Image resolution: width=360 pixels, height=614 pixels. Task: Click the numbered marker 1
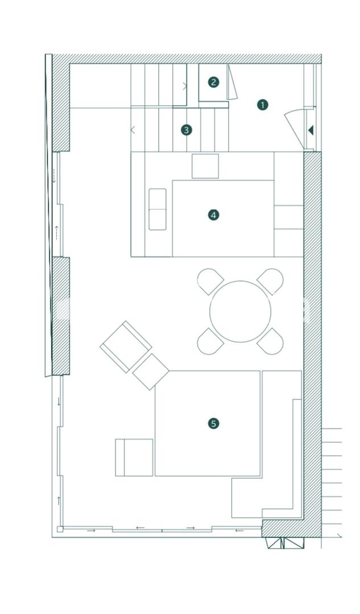[262, 105]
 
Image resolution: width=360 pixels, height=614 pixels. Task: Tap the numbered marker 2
[213, 82]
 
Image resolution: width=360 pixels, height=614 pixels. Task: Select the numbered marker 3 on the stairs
[187, 130]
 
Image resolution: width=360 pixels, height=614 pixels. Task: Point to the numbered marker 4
[213, 215]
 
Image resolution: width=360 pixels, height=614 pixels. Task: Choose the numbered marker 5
[213, 424]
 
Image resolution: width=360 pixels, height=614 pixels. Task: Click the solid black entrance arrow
[311, 130]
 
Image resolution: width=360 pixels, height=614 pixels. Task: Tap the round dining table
[240, 312]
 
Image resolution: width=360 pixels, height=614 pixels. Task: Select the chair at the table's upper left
[210, 281]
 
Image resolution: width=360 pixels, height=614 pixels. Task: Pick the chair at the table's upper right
[270, 281]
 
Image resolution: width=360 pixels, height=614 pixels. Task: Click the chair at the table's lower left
[210, 342]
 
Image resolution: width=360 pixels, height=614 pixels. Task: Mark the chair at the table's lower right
[270, 342]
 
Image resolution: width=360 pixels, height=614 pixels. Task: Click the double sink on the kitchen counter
[158, 209]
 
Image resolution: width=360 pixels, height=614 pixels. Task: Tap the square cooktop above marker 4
[205, 166]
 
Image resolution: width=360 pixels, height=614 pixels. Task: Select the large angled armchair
[126, 347]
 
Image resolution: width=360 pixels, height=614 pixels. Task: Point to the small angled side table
[151, 372]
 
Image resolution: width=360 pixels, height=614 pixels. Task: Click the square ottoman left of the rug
[134, 457]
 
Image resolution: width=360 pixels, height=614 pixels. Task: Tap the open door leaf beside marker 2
[232, 82]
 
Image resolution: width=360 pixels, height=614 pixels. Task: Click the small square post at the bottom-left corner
[60, 529]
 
